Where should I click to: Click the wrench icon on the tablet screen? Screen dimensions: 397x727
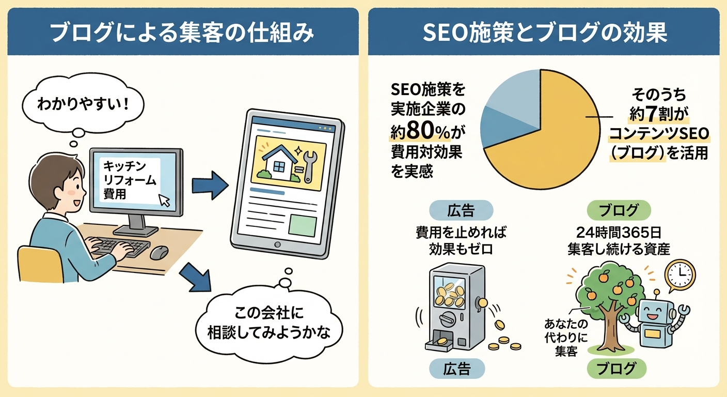coord(308,166)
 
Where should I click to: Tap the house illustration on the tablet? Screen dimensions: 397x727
coord(279,162)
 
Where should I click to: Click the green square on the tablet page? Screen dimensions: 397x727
coord(303,225)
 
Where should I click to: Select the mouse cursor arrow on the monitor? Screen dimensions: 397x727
coord(165,200)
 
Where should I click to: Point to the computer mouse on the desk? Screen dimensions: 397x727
coord(159,252)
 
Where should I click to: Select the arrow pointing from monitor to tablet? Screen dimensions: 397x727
coord(210,185)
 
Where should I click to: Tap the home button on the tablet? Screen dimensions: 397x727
coord(279,244)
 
